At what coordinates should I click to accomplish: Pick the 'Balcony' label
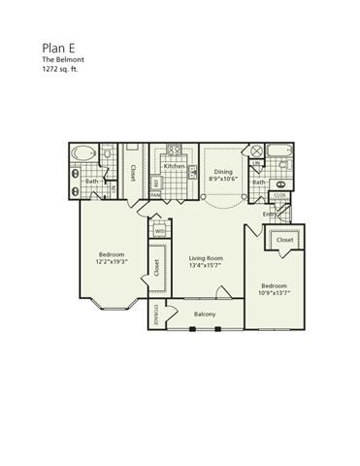pyautogui.click(x=204, y=315)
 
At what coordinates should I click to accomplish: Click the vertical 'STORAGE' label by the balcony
pyautogui.click(x=158, y=316)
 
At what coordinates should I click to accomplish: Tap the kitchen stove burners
pyautogui.click(x=176, y=150)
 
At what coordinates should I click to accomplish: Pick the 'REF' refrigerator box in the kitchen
pyautogui.click(x=157, y=181)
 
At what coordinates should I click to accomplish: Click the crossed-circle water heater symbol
pyautogui.click(x=256, y=152)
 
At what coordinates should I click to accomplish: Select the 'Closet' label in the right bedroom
pyautogui.click(x=284, y=239)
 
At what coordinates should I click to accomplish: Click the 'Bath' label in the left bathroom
pyautogui.click(x=91, y=182)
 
